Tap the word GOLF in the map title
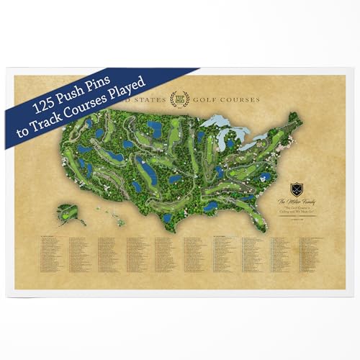pos(207,98)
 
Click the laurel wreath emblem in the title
pos(181,98)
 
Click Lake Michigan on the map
pos(230,140)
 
